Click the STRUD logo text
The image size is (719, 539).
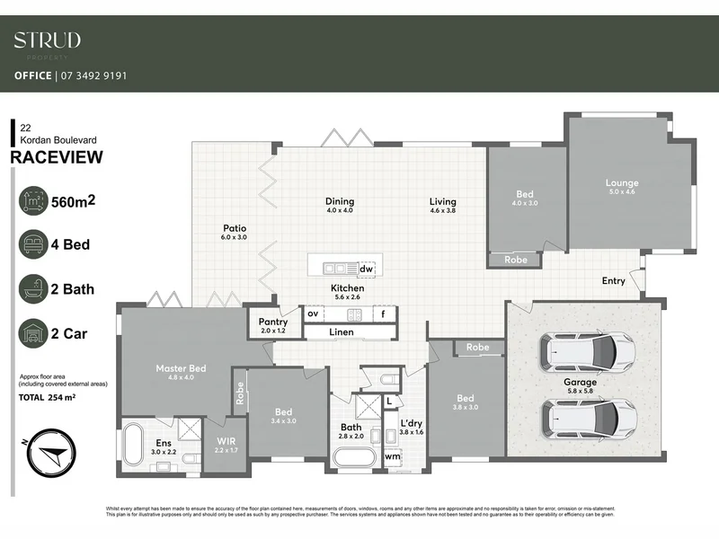pos(47,40)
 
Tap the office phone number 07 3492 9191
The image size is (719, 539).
pos(93,75)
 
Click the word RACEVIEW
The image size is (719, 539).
pos(56,158)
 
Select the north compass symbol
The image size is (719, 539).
pos(48,451)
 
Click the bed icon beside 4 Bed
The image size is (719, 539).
pos(34,243)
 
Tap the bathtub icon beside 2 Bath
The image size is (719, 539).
pos(34,288)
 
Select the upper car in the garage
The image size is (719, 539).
pos(587,353)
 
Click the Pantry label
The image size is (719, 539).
pos(272,322)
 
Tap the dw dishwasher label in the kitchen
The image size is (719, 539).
pos(366,269)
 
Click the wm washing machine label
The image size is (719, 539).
pos(393,456)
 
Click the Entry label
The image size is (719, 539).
pos(613,281)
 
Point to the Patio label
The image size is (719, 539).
pos(233,228)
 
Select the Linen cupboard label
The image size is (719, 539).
pos(342,332)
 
